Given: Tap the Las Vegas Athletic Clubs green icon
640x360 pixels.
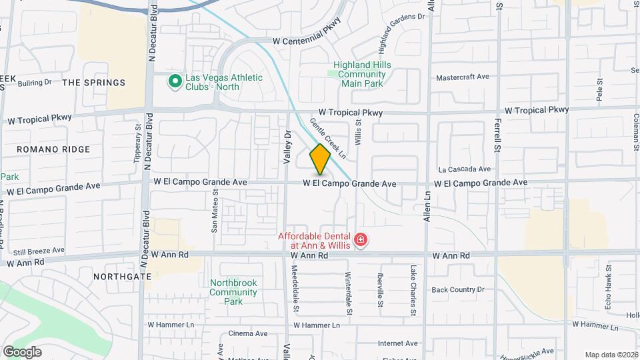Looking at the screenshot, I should click(175, 81).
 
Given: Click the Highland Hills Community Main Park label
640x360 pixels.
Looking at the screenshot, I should click(362, 74).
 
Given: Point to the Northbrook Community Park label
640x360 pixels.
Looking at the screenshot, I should click(233, 292).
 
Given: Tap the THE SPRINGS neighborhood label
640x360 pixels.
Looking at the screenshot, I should click(93, 83).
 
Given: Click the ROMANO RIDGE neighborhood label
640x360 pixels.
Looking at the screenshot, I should click(53, 149).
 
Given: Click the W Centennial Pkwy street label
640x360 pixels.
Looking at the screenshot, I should click(307, 41).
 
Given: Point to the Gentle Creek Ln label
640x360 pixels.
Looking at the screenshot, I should click(328, 139).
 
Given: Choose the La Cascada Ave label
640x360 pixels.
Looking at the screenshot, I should click(464, 169).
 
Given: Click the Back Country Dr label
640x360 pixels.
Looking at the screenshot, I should click(457, 289).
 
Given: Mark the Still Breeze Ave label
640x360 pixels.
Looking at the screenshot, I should click(39, 251).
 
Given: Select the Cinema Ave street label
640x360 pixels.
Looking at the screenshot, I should click(247, 333).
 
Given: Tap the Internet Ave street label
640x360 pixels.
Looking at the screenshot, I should click(397, 343).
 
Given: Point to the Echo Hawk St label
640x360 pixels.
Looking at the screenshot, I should click(609, 284).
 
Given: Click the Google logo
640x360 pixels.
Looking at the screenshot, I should click(22, 352).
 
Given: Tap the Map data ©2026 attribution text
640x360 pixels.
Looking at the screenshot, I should click(611, 355).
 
